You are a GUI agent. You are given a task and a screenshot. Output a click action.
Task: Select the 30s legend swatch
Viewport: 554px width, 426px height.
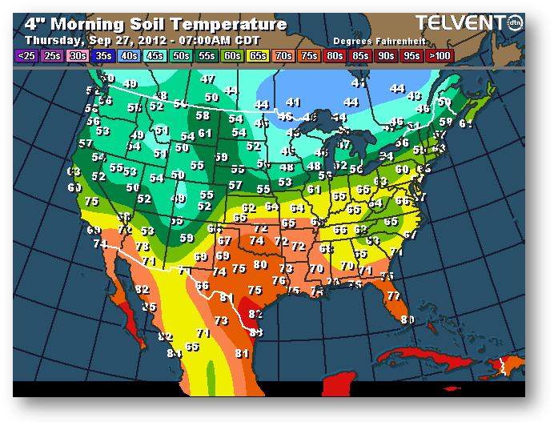pyautogui.click(x=78, y=55)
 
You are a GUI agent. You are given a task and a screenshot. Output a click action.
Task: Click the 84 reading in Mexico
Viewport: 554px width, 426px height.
pyautogui.click(x=175, y=353)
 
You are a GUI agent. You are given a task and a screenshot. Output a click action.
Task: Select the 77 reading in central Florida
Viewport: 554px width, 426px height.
pyautogui.click(x=392, y=295)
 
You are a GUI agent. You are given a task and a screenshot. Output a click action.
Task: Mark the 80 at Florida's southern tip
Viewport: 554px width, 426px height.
pyautogui.click(x=407, y=319)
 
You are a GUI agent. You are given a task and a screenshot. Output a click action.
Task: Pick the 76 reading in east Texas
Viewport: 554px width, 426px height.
pyautogui.click(x=278, y=280)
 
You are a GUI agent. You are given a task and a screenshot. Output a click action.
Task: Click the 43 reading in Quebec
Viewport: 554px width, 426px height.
pyautogui.click(x=414, y=96)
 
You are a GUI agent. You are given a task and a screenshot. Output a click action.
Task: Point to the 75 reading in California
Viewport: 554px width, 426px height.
pyautogui.click(x=91, y=202)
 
